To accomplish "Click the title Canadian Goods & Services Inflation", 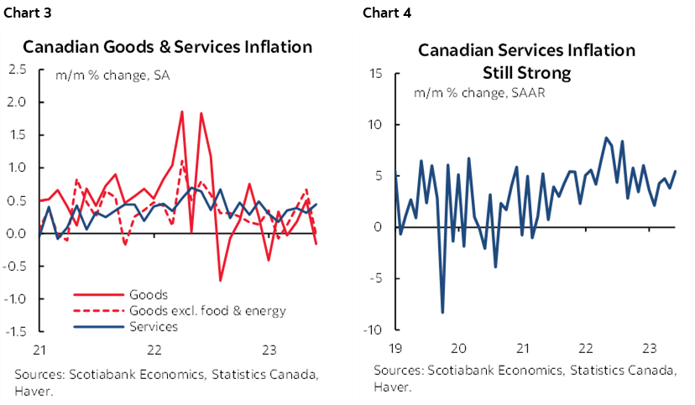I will point(168,47).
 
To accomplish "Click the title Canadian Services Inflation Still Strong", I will point(527,61).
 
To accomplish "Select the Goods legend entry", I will point(149,294).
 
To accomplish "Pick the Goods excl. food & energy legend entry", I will point(207,310).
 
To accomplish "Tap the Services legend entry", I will point(154,327).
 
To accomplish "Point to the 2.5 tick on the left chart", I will point(16,69).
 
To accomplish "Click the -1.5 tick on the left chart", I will point(14,331).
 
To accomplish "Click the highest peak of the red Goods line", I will point(182,111).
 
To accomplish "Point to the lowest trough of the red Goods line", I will point(220,280).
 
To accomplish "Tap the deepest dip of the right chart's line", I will point(442,313).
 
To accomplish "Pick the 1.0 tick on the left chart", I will point(16,168).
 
